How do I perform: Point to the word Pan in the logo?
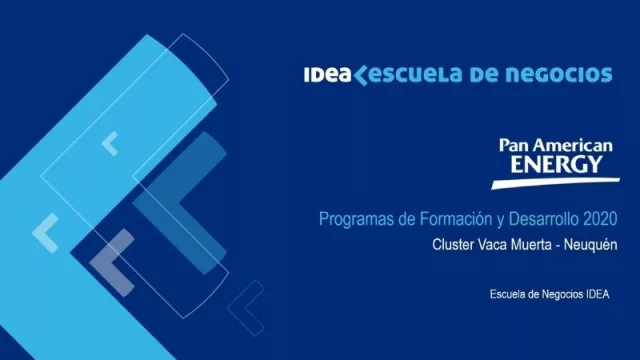coord(516,146)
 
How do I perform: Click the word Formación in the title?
coord(449,219)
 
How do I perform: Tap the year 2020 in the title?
coord(601,219)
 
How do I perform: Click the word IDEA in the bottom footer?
coord(595,294)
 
